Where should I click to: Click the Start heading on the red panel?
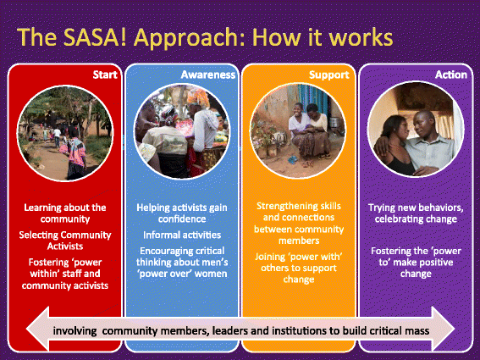(x=105, y=75)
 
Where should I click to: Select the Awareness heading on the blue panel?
(x=208, y=75)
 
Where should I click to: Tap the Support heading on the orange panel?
(x=329, y=75)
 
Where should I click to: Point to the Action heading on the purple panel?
(x=451, y=75)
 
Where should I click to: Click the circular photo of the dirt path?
(x=65, y=133)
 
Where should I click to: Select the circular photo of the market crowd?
(x=182, y=131)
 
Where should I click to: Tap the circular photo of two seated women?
(x=298, y=130)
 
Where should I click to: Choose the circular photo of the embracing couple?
(x=416, y=130)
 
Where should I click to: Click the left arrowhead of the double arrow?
(x=37, y=329)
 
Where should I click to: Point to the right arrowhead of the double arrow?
(x=443, y=329)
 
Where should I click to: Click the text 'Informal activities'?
(x=182, y=235)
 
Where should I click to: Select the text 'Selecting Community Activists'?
(x=65, y=241)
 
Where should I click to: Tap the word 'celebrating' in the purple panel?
(x=394, y=219)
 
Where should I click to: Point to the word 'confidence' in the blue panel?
(x=182, y=219)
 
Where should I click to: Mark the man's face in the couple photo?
(x=425, y=124)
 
